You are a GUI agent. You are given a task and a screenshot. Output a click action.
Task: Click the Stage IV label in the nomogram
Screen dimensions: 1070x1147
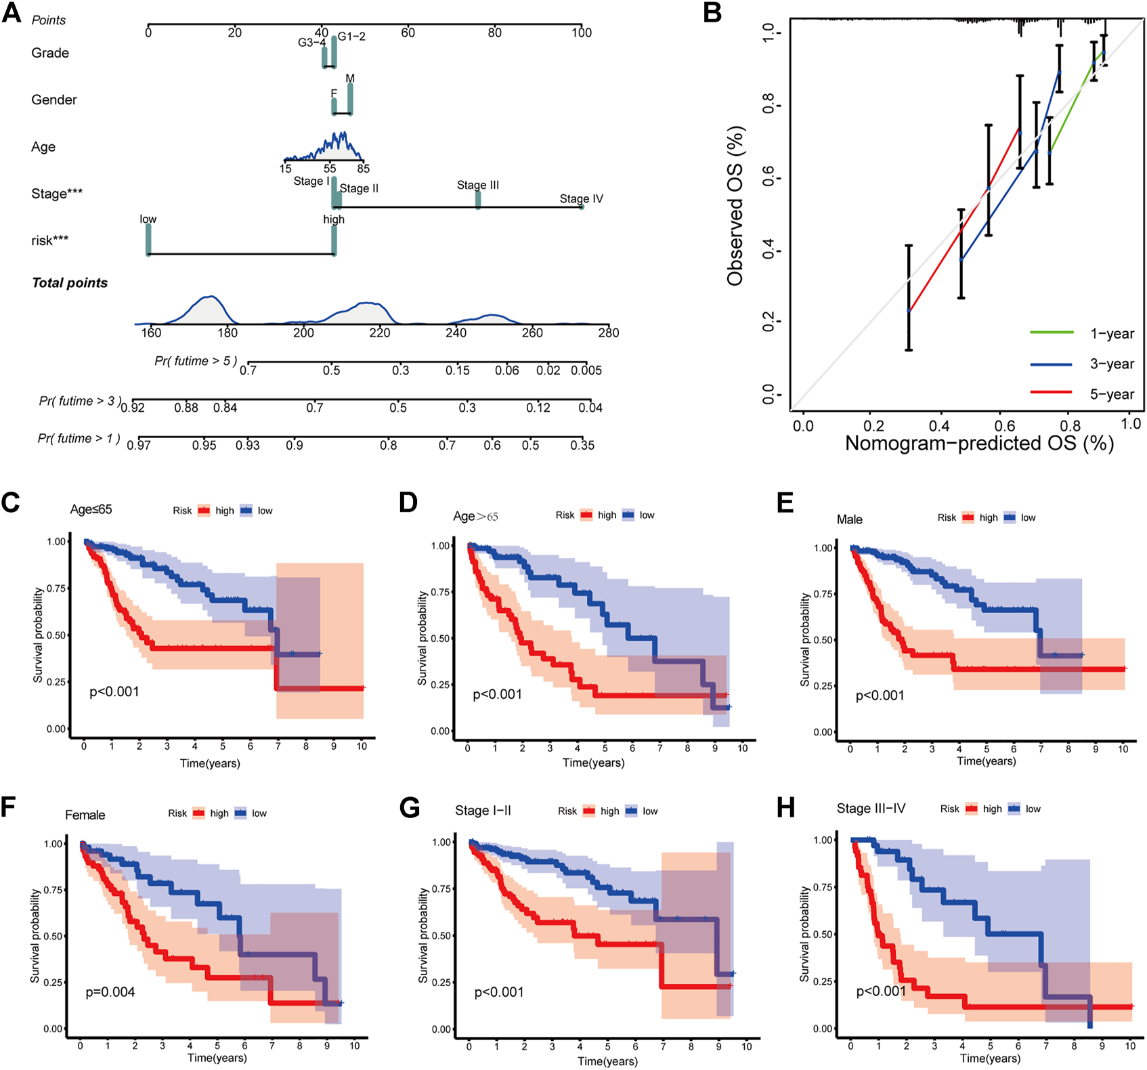581,198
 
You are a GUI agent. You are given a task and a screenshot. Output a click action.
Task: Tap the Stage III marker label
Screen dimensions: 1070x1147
477,185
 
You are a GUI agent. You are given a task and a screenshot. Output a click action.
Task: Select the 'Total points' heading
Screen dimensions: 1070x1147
70,283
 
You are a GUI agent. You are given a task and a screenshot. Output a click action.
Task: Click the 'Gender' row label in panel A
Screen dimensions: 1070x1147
54,100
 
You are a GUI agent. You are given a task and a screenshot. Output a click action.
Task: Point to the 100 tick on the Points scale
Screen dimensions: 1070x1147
581,32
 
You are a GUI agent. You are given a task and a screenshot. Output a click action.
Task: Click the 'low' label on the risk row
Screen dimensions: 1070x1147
148,219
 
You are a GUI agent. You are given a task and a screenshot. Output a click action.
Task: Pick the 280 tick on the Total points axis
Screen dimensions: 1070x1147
608,333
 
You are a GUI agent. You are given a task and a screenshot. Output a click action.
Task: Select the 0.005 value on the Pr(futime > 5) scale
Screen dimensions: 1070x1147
586,370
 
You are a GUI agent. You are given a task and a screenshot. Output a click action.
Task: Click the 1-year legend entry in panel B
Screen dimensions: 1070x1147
1111,333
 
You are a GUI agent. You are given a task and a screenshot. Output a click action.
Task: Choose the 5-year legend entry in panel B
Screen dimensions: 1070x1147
1111,394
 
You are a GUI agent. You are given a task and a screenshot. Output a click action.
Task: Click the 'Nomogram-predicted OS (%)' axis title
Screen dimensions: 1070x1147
979,444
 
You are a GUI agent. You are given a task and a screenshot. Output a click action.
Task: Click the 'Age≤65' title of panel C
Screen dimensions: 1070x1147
91,509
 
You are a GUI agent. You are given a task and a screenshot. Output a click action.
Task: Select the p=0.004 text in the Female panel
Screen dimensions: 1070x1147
110,992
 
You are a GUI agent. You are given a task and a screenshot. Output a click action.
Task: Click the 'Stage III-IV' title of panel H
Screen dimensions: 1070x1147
871,809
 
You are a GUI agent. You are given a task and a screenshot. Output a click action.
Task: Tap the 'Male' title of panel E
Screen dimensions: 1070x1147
849,519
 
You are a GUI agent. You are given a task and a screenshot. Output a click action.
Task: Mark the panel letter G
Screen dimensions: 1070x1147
410,809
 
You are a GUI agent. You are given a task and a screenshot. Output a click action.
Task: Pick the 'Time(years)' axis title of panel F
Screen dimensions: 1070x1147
217,1058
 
